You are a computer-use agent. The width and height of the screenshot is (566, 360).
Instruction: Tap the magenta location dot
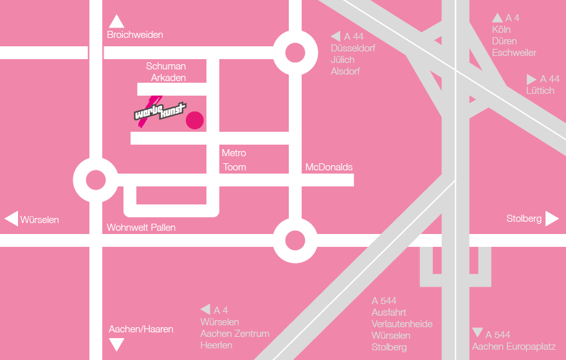194,120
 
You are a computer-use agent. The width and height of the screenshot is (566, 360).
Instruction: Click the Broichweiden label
135,35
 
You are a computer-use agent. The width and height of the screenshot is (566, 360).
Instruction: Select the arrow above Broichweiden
116,21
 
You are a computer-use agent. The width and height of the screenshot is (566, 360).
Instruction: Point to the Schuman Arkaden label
167,72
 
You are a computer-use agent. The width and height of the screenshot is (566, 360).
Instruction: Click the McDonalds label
329,167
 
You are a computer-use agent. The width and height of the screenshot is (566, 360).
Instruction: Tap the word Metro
233,153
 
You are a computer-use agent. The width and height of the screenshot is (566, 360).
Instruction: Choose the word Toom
234,167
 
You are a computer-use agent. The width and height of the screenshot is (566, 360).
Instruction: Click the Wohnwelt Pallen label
141,227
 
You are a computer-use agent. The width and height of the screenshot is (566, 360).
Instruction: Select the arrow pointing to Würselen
11,219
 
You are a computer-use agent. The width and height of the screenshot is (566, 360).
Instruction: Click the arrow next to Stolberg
552,219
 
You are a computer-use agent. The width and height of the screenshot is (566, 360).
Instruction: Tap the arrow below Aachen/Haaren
116,345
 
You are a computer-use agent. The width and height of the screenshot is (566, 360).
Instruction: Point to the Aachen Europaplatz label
513,346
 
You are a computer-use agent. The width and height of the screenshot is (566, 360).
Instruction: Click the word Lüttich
540,91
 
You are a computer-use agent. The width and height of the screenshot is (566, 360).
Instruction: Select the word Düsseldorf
352,48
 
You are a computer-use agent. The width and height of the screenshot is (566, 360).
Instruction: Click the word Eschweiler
514,53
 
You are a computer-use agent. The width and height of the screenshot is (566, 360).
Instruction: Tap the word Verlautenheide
402,324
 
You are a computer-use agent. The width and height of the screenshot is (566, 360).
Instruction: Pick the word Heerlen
216,345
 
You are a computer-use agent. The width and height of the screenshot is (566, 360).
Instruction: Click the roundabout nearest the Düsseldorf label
295,53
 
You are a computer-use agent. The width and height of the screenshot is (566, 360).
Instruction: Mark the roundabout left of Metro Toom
95,180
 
